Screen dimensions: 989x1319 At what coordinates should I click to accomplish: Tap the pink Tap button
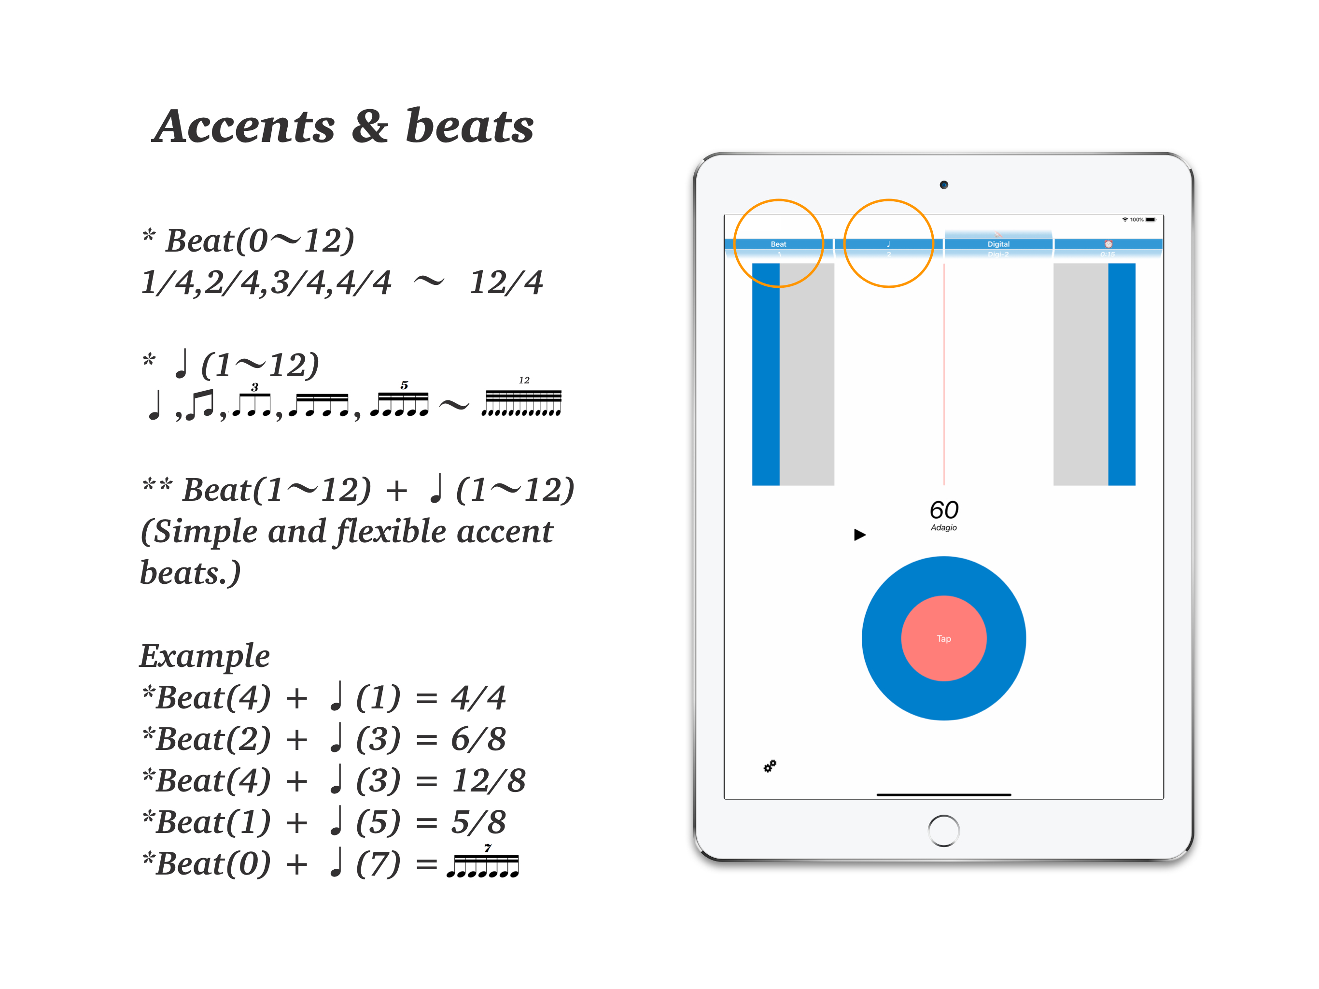pos(943,638)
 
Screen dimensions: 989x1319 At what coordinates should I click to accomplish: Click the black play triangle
pos(859,535)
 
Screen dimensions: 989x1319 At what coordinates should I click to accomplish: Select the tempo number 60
pos(944,509)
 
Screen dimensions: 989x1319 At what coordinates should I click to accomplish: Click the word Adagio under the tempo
pos(944,527)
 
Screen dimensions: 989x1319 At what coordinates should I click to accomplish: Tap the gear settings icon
pos(770,766)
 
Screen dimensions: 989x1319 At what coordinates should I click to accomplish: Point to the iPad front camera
pos(944,185)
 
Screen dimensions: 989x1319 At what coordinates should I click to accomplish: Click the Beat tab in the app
pos(778,244)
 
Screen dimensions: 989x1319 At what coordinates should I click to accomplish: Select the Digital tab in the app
pos(998,244)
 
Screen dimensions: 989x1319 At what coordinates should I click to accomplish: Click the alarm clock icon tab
pos(1108,244)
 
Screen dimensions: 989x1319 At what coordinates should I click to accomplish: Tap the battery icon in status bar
pos(1150,220)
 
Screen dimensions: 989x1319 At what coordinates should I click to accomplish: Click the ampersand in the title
pos(370,127)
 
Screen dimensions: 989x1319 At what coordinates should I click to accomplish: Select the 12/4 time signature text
pos(505,282)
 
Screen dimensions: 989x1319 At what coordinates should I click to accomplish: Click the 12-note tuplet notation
pos(522,401)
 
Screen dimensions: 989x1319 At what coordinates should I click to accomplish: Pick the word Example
pos(205,656)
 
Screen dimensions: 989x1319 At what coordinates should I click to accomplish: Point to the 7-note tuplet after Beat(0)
pos(483,864)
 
